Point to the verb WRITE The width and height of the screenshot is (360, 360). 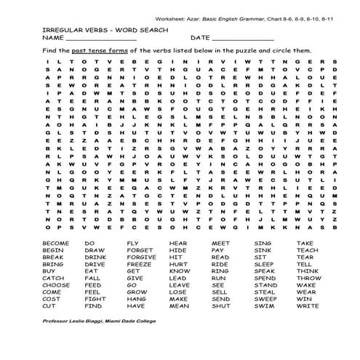308,306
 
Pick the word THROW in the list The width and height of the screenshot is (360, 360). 309,278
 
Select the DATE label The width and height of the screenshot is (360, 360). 200,36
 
